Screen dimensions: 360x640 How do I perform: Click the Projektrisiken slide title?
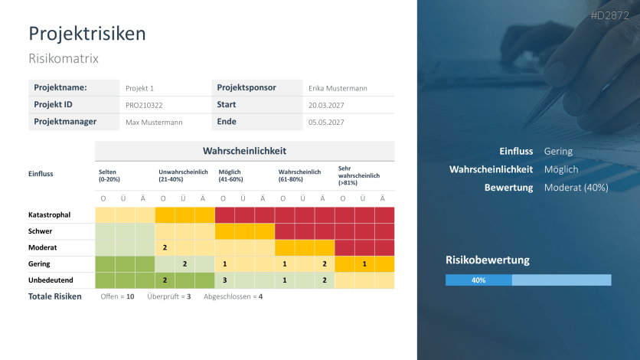[87, 34]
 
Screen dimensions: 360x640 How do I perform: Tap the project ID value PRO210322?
[144, 105]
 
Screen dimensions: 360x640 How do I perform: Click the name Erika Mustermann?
[338, 88]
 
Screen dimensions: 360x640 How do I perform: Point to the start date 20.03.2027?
[326, 105]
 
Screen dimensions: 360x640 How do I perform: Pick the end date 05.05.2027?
[326, 122]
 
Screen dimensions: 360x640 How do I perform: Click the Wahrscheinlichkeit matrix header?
[244, 151]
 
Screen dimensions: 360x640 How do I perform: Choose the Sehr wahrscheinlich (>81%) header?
[358, 175]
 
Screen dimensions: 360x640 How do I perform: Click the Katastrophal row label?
[51, 214]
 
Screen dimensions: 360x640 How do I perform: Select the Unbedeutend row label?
[51, 280]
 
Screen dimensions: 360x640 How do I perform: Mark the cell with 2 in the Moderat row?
[165, 247]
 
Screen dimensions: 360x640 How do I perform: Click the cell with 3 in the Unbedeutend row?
[224, 280]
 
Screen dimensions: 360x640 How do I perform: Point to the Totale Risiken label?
[54, 296]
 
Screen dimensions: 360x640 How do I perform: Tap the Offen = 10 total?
[117, 296]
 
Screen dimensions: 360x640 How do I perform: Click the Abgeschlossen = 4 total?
[233, 296]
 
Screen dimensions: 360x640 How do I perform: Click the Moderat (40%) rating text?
[576, 188]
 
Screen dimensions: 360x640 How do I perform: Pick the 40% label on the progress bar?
[478, 280]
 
